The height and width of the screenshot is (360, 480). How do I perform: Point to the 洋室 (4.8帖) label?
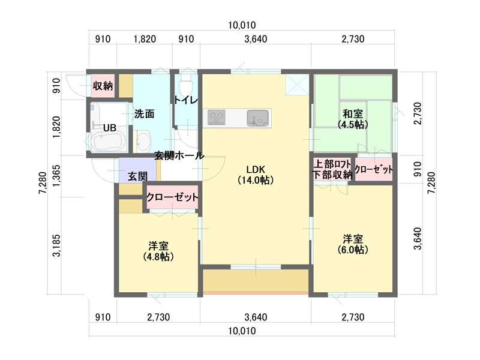pos(158,251)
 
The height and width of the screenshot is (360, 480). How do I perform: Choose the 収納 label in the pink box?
pos(103,86)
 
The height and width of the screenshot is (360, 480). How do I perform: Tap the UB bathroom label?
pos(109,128)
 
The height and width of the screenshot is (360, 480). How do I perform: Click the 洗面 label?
pos(145,113)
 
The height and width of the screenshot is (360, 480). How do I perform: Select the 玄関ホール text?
pos(179,155)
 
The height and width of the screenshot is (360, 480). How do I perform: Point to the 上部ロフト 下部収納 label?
pos(332,169)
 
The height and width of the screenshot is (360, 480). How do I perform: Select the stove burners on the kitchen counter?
pos(216,116)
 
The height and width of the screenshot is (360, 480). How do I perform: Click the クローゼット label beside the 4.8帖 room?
pos(173,197)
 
